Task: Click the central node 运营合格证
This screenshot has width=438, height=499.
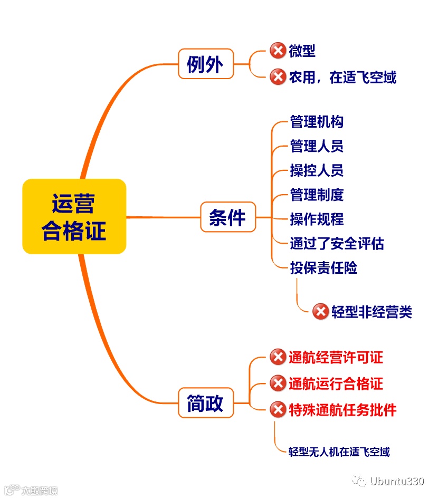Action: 74,216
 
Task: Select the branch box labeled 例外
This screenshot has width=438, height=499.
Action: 205,64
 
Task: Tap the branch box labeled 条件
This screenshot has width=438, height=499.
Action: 227,217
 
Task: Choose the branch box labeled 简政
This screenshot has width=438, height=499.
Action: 205,404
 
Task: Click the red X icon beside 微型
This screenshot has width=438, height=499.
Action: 278,51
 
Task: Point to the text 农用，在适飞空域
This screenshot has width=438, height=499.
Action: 342,78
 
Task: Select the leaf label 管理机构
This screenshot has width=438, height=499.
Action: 317,122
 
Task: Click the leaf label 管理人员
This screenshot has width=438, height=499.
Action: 317,146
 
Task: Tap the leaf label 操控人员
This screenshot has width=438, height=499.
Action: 317,170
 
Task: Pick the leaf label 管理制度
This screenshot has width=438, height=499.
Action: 317,195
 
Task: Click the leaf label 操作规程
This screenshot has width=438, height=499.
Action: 317,219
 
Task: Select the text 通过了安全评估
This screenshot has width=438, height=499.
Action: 337,243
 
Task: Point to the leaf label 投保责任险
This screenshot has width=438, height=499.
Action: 323,267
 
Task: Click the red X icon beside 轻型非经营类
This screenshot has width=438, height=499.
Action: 320,312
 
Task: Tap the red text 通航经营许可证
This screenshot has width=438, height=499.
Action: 336,357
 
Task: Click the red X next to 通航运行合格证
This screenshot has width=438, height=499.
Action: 278,383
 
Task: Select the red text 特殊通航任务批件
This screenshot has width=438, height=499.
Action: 342,410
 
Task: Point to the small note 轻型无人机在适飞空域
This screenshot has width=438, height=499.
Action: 339,452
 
